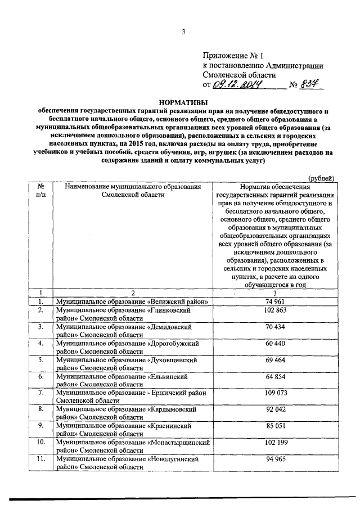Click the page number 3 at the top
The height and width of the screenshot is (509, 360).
click(183, 31)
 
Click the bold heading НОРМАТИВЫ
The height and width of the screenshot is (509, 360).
click(183, 103)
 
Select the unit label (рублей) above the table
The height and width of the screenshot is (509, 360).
click(322, 178)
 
